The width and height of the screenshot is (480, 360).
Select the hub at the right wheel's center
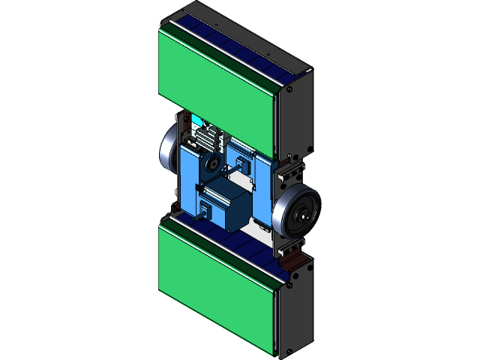(x=303, y=218)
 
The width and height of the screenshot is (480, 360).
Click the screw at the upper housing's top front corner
(x=288, y=89)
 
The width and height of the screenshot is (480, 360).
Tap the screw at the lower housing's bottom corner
(x=289, y=351)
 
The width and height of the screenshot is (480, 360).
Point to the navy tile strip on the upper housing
(x=240, y=46)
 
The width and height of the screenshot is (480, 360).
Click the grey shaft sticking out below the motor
(x=205, y=217)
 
